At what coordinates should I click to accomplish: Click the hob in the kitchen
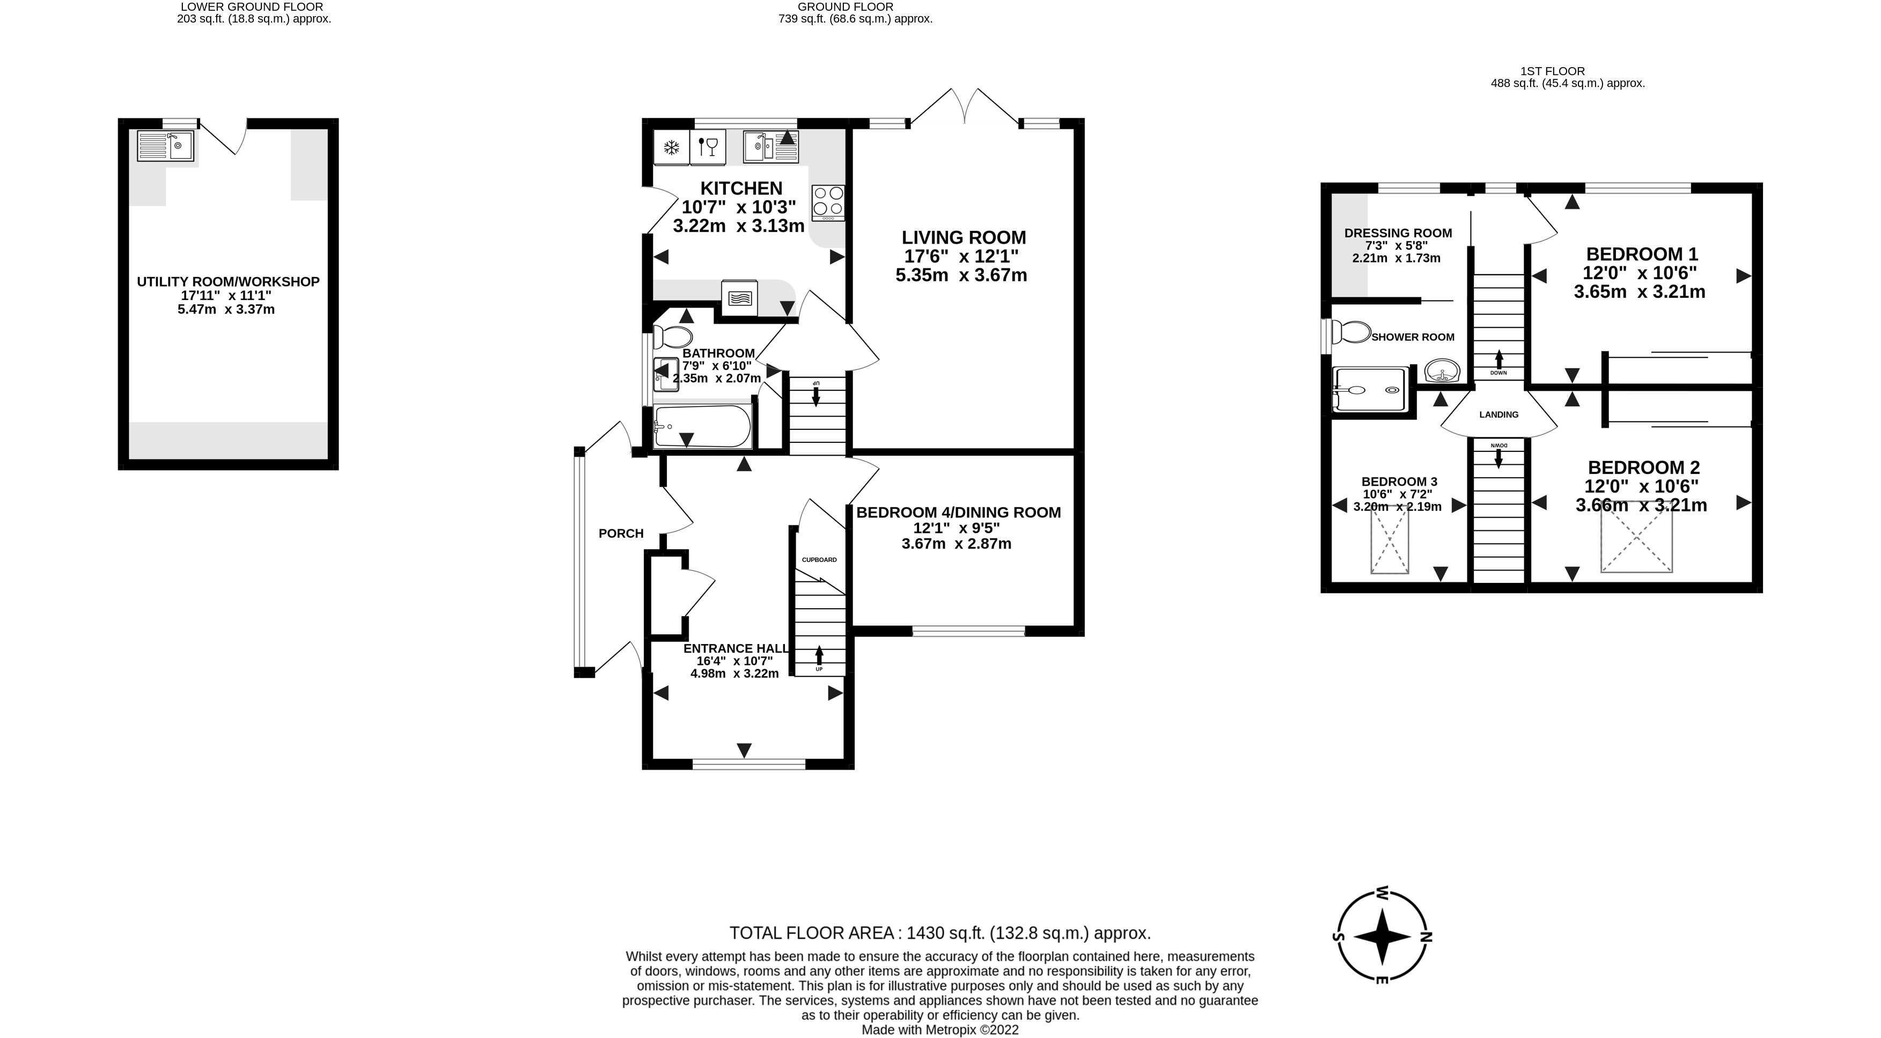point(828,202)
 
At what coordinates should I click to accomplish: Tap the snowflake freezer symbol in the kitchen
point(670,148)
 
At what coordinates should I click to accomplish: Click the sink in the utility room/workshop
point(166,146)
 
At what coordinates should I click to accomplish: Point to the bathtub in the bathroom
point(702,427)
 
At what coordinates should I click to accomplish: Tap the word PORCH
point(621,534)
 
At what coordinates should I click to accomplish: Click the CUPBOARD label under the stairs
point(819,560)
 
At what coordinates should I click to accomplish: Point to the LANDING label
point(1498,415)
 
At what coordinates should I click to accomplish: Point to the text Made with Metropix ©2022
point(940,1030)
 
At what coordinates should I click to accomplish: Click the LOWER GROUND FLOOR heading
point(252,6)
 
